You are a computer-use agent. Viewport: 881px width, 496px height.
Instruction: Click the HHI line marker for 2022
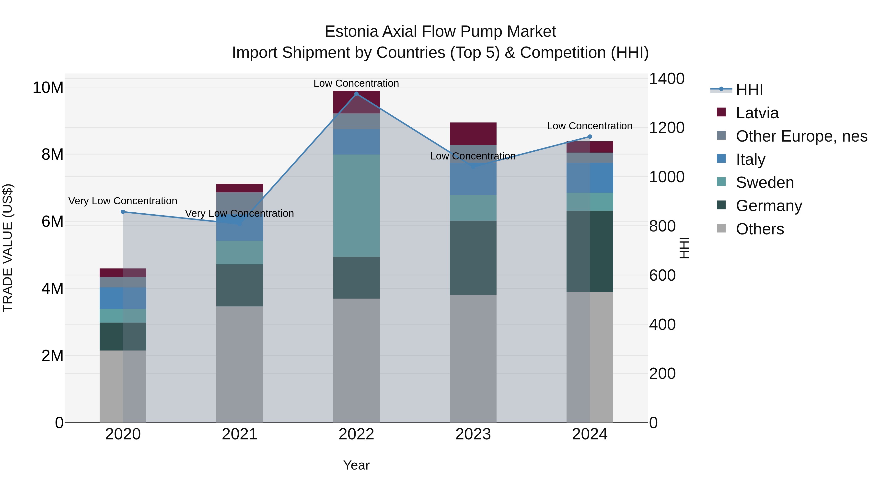point(356,94)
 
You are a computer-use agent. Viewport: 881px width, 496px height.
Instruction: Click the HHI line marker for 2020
point(123,212)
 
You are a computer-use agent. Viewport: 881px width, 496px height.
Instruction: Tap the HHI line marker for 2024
point(590,137)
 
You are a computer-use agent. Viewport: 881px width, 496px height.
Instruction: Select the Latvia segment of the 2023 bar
point(473,133)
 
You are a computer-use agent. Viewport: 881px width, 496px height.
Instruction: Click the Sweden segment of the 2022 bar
point(356,206)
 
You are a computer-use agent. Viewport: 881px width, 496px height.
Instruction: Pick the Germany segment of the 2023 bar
point(473,257)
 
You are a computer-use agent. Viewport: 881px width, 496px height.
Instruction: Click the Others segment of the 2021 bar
point(239,364)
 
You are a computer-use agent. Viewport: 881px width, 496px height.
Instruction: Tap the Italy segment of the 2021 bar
point(239,228)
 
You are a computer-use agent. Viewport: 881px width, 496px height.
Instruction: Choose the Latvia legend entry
point(757,113)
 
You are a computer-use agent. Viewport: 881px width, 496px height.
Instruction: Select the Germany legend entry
point(768,206)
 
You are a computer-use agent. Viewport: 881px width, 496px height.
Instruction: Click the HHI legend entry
point(749,90)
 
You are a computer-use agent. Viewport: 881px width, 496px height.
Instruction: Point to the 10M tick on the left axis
point(48,88)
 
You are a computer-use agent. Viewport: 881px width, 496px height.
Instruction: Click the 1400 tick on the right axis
point(667,79)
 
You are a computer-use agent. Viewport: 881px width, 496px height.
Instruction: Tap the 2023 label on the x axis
point(473,434)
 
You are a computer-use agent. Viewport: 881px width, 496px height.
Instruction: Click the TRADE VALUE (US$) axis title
point(8,248)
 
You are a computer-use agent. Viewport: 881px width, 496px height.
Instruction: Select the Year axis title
point(356,465)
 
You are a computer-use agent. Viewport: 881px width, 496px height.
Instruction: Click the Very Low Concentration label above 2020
point(123,201)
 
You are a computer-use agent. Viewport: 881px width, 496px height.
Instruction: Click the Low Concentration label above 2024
point(590,126)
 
